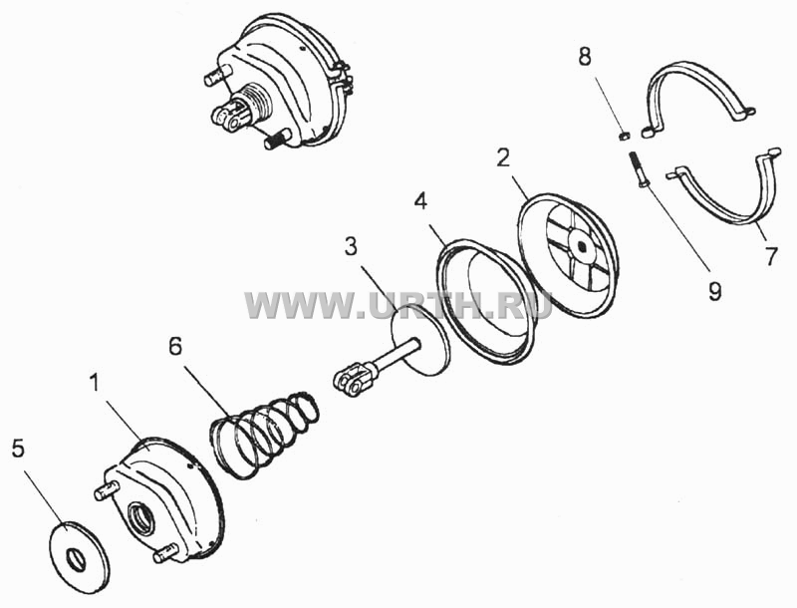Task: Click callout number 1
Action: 95,384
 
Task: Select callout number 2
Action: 502,158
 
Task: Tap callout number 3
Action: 351,246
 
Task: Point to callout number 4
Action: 420,201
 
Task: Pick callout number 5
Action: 18,449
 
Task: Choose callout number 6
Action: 175,347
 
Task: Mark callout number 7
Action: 771,256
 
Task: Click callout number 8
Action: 585,57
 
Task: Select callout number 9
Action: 714,291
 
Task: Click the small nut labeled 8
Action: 624,136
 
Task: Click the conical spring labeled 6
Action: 264,436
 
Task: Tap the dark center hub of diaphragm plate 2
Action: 583,245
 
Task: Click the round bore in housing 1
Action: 140,518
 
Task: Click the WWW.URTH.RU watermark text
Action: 398,305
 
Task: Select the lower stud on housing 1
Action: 165,552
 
